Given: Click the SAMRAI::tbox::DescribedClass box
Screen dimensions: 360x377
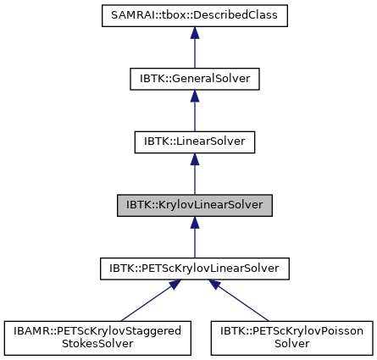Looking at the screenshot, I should tap(194, 15).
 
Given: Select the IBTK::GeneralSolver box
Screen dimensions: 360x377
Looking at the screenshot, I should tap(194, 79).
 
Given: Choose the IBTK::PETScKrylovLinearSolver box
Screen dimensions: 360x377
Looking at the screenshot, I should tap(194, 269).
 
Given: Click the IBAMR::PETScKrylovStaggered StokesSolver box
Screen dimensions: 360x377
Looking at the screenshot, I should tap(96, 338).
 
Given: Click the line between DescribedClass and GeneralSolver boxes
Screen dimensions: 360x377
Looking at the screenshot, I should tap(194, 53).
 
